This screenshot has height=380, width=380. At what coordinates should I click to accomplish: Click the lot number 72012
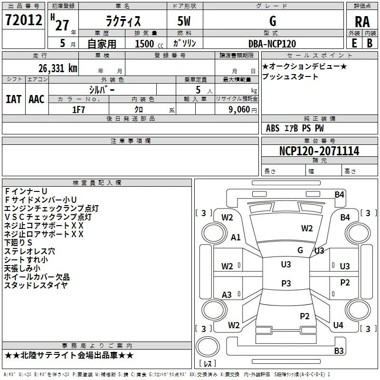(23, 20)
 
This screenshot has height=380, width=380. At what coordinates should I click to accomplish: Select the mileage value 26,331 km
(58, 68)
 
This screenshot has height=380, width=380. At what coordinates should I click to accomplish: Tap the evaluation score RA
(362, 22)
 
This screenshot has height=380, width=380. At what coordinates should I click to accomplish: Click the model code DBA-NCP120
(272, 44)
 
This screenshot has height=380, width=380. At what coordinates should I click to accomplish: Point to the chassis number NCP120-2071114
(319, 151)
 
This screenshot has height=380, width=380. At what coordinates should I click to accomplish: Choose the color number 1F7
(78, 110)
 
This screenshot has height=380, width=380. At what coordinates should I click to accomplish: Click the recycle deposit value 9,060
(239, 110)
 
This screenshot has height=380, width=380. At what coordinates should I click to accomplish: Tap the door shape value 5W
(184, 21)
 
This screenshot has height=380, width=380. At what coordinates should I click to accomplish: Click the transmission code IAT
(14, 99)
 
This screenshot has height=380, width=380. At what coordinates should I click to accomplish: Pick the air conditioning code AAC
(37, 99)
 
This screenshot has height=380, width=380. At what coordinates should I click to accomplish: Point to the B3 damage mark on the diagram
(339, 351)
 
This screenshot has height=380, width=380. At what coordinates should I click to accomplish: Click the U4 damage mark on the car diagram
(338, 325)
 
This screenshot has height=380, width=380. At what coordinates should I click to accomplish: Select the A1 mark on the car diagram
(236, 237)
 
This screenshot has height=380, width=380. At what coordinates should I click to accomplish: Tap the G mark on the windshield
(300, 250)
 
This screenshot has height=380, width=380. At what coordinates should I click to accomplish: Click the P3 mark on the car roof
(286, 283)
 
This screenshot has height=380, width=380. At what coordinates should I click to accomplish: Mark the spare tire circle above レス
(208, 347)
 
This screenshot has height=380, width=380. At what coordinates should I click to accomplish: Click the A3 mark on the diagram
(227, 294)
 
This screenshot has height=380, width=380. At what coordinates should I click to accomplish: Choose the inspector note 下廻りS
(18, 243)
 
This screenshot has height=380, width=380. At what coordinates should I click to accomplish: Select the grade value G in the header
(273, 21)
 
